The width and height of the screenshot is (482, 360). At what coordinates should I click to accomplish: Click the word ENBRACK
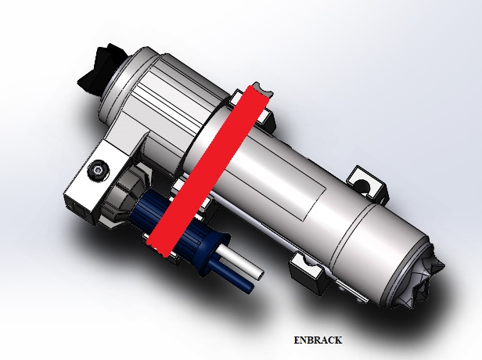tap(318, 340)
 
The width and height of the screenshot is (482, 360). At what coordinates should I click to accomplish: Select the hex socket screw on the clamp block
tap(99, 169)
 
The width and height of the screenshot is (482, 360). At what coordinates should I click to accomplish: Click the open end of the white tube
tap(260, 275)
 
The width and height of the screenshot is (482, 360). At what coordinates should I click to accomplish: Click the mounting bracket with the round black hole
tap(366, 184)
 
